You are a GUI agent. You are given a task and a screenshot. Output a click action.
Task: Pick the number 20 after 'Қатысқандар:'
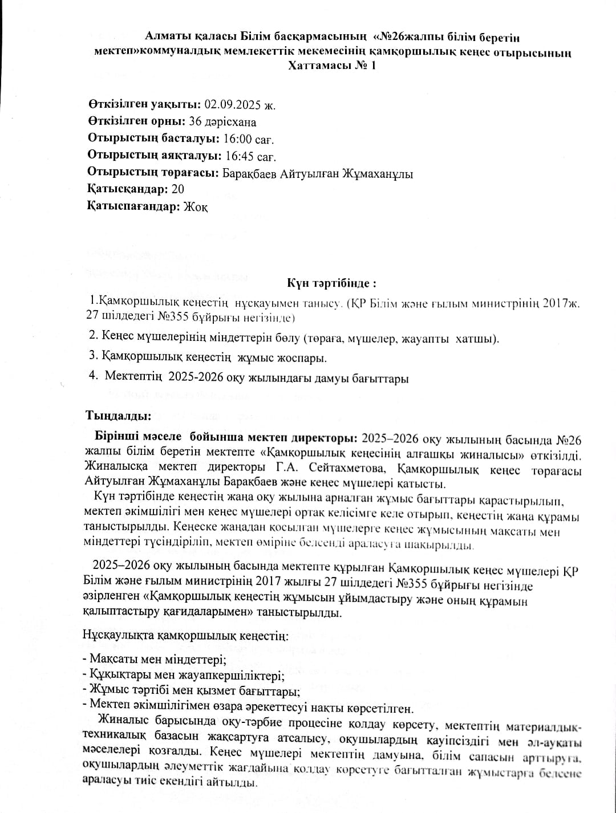pos(177,189)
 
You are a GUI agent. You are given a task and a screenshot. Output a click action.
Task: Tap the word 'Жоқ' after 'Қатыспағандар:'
pos(196,207)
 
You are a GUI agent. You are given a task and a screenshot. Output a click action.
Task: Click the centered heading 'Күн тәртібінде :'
pos(331,283)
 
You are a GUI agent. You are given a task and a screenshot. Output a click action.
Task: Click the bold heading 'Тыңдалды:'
pos(119,415)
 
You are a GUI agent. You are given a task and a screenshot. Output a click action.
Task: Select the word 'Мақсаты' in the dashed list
pos(111,660)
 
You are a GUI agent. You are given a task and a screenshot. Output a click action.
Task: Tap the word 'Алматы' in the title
pos(167,38)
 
